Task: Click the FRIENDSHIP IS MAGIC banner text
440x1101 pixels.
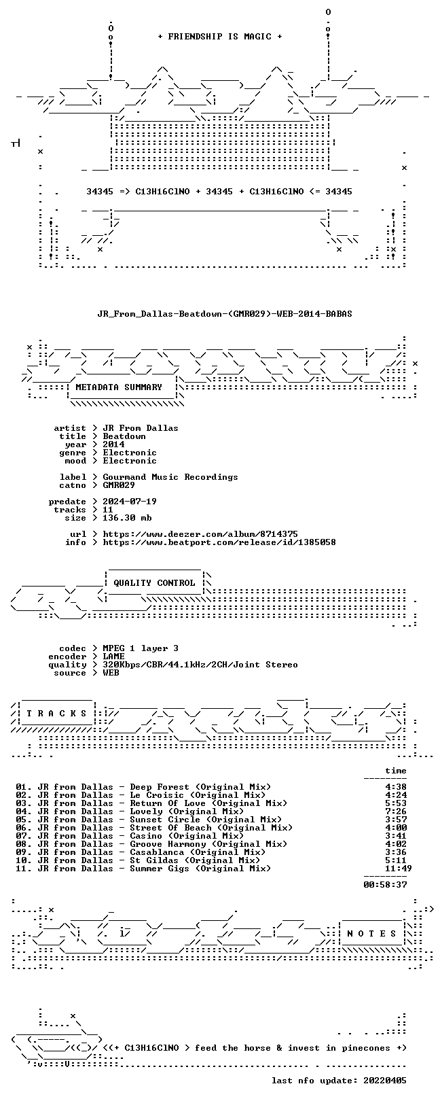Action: tap(220, 37)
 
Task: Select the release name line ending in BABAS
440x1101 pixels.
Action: tap(225, 313)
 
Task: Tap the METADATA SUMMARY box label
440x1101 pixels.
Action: tap(119, 387)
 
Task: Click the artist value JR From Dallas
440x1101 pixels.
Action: tap(141, 428)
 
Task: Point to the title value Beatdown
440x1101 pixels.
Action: tap(124, 436)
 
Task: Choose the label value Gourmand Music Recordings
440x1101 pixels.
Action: tap(170, 477)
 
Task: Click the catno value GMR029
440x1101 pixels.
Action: tap(119, 485)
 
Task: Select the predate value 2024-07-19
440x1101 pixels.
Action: tap(130, 502)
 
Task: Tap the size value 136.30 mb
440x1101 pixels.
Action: tap(127, 518)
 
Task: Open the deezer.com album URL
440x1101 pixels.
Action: tap(200, 534)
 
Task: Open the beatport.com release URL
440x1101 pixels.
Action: tap(219, 542)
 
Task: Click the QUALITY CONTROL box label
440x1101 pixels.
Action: tap(154, 583)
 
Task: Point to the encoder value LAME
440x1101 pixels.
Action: tap(113, 657)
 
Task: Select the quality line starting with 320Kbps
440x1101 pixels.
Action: tap(200, 665)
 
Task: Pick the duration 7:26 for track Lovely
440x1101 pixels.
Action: tap(396, 811)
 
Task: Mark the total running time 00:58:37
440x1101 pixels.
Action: tap(385, 885)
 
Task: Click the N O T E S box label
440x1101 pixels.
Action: tap(371, 934)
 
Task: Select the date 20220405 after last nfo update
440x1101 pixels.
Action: tap(385, 1081)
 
